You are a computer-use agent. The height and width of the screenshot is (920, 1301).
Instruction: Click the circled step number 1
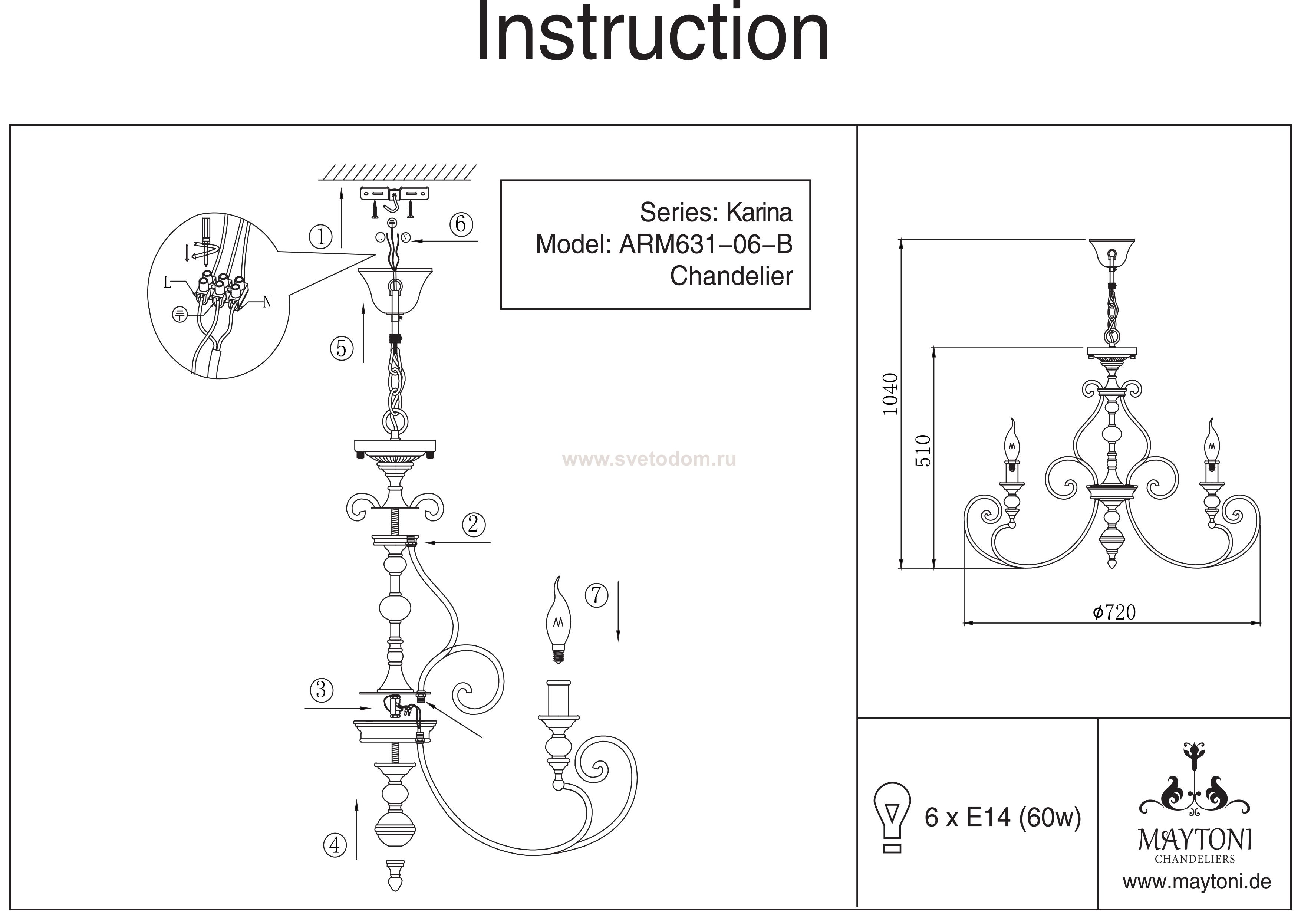click(x=321, y=236)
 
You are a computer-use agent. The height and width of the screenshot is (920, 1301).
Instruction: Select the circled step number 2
click(x=473, y=524)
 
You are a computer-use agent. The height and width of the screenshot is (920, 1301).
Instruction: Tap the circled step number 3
click(x=321, y=690)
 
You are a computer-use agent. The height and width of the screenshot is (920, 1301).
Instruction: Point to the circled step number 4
click(x=335, y=845)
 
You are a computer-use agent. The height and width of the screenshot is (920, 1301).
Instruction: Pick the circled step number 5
click(x=341, y=348)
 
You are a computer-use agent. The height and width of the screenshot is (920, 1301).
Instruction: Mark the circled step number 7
click(x=596, y=595)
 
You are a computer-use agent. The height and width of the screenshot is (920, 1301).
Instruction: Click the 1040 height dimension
click(x=891, y=394)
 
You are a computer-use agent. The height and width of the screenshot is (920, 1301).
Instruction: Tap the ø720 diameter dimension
click(x=1114, y=612)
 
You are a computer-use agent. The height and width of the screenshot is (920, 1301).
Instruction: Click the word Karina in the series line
click(x=759, y=213)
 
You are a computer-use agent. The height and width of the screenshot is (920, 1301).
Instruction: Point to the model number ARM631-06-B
click(x=705, y=244)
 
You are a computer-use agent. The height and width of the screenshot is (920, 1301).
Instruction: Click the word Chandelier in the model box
click(x=731, y=276)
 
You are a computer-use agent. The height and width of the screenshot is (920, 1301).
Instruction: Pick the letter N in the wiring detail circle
click(x=267, y=303)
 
